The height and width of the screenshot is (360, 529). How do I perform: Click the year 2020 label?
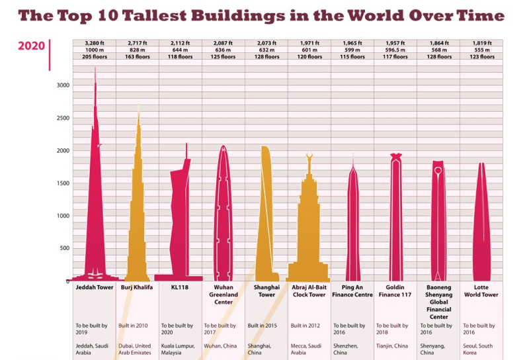tap(31, 46)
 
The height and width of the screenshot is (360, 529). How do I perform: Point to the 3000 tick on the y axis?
tap(61, 85)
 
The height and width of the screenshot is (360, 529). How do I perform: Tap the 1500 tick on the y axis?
tap(61, 183)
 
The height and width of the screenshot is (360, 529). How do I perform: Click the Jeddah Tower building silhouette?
tap(95, 199)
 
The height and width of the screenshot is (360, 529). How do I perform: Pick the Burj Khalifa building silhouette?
tap(138, 212)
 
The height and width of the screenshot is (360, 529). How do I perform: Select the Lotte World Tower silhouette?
tap(481, 225)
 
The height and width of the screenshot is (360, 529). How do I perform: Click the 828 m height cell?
tap(138, 50)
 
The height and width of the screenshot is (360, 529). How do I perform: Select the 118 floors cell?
tap(181, 57)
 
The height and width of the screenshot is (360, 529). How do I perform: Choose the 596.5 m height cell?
tap(395, 50)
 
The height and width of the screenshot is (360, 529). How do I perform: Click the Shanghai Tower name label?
tap(266, 291)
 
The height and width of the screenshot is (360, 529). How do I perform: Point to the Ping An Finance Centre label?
tap(352, 291)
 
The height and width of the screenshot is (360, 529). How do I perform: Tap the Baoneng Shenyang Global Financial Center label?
tap(438, 302)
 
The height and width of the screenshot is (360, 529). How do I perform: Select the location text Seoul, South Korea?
tap(481, 349)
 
